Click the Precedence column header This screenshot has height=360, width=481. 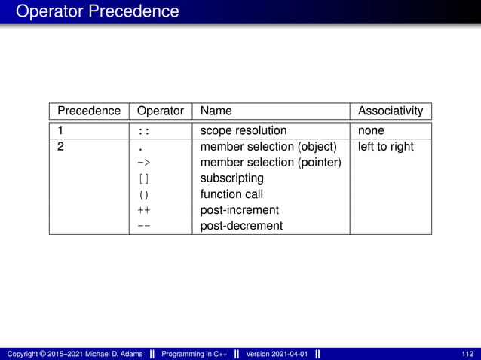[89, 111]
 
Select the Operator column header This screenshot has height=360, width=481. [160, 111]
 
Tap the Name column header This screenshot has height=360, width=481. [216, 111]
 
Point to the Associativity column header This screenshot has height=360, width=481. [391, 111]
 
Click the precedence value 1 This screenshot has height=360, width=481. [61, 130]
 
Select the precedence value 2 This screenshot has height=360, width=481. [61, 146]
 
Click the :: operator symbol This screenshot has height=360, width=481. [143, 131]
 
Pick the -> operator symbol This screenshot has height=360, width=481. [143, 163]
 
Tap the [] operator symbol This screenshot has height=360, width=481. [143, 178]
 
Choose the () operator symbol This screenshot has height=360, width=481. [143, 194]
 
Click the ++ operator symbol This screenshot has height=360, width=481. [143, 210]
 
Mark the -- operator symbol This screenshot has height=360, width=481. [143, 226]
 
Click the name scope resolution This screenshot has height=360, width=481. [243, 130]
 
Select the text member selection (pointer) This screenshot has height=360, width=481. [271, 163]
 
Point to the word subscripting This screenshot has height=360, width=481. [231, 178]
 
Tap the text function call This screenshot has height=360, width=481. [231, 194]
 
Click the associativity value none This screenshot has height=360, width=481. [371, 130]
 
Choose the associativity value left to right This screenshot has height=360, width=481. [385, 146]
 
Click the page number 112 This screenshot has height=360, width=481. [467, 354]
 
